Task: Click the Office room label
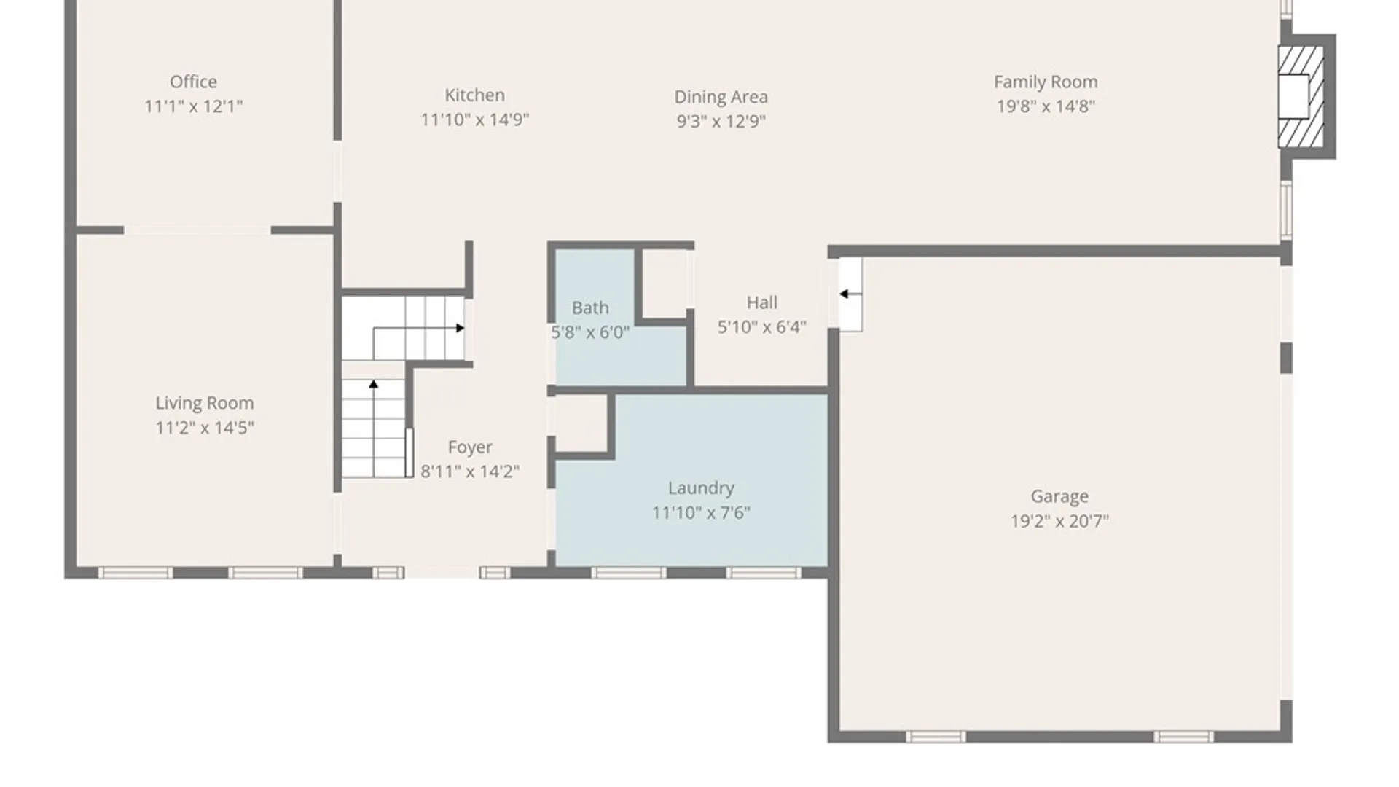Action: coord(193,82)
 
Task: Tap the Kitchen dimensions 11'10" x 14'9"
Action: coord(474,120)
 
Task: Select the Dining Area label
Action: coord(721,97)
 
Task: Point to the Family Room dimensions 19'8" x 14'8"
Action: coord(1046,106)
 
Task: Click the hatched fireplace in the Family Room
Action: coord(1301,97)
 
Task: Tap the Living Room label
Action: coord(204,403)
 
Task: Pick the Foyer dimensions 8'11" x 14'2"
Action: coord(470,471)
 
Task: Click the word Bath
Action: coord(589,308)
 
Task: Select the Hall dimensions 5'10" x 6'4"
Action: coord(761,327)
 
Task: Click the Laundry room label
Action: coord(701,488)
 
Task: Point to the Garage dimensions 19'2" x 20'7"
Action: coord(1059,521)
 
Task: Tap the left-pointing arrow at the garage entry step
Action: coord(850,294)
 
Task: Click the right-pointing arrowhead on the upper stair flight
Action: coord(461,328)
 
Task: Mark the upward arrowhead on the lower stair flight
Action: coord(374,384)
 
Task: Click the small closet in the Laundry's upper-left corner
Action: coord(582,423)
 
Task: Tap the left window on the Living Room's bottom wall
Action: coord(136,573)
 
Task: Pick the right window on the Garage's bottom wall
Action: coord(1183,737)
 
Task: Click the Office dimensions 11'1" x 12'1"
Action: coord(193,106)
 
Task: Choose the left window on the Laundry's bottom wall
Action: coord(629,573)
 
